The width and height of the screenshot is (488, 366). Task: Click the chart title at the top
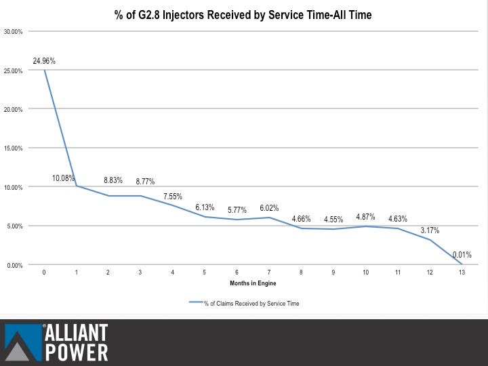pos(243,14)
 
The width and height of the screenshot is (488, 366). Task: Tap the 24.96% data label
pos(44,61)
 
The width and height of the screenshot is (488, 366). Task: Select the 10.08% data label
pos(64,178)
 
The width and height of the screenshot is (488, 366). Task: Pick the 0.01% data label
pos(462,255)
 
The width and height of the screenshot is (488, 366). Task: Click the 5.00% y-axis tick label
pos(14,226)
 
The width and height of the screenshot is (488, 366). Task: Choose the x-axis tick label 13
pos(462,272)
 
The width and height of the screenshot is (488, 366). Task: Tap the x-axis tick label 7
pos(268,272)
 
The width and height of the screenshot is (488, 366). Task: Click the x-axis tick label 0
pos(44,272)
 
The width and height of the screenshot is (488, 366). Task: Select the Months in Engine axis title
pos(253,283)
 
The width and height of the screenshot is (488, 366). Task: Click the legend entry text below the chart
pos(251,304)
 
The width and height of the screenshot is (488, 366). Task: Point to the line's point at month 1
pos(77,186)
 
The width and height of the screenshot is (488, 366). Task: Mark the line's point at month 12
pos(430,240)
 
